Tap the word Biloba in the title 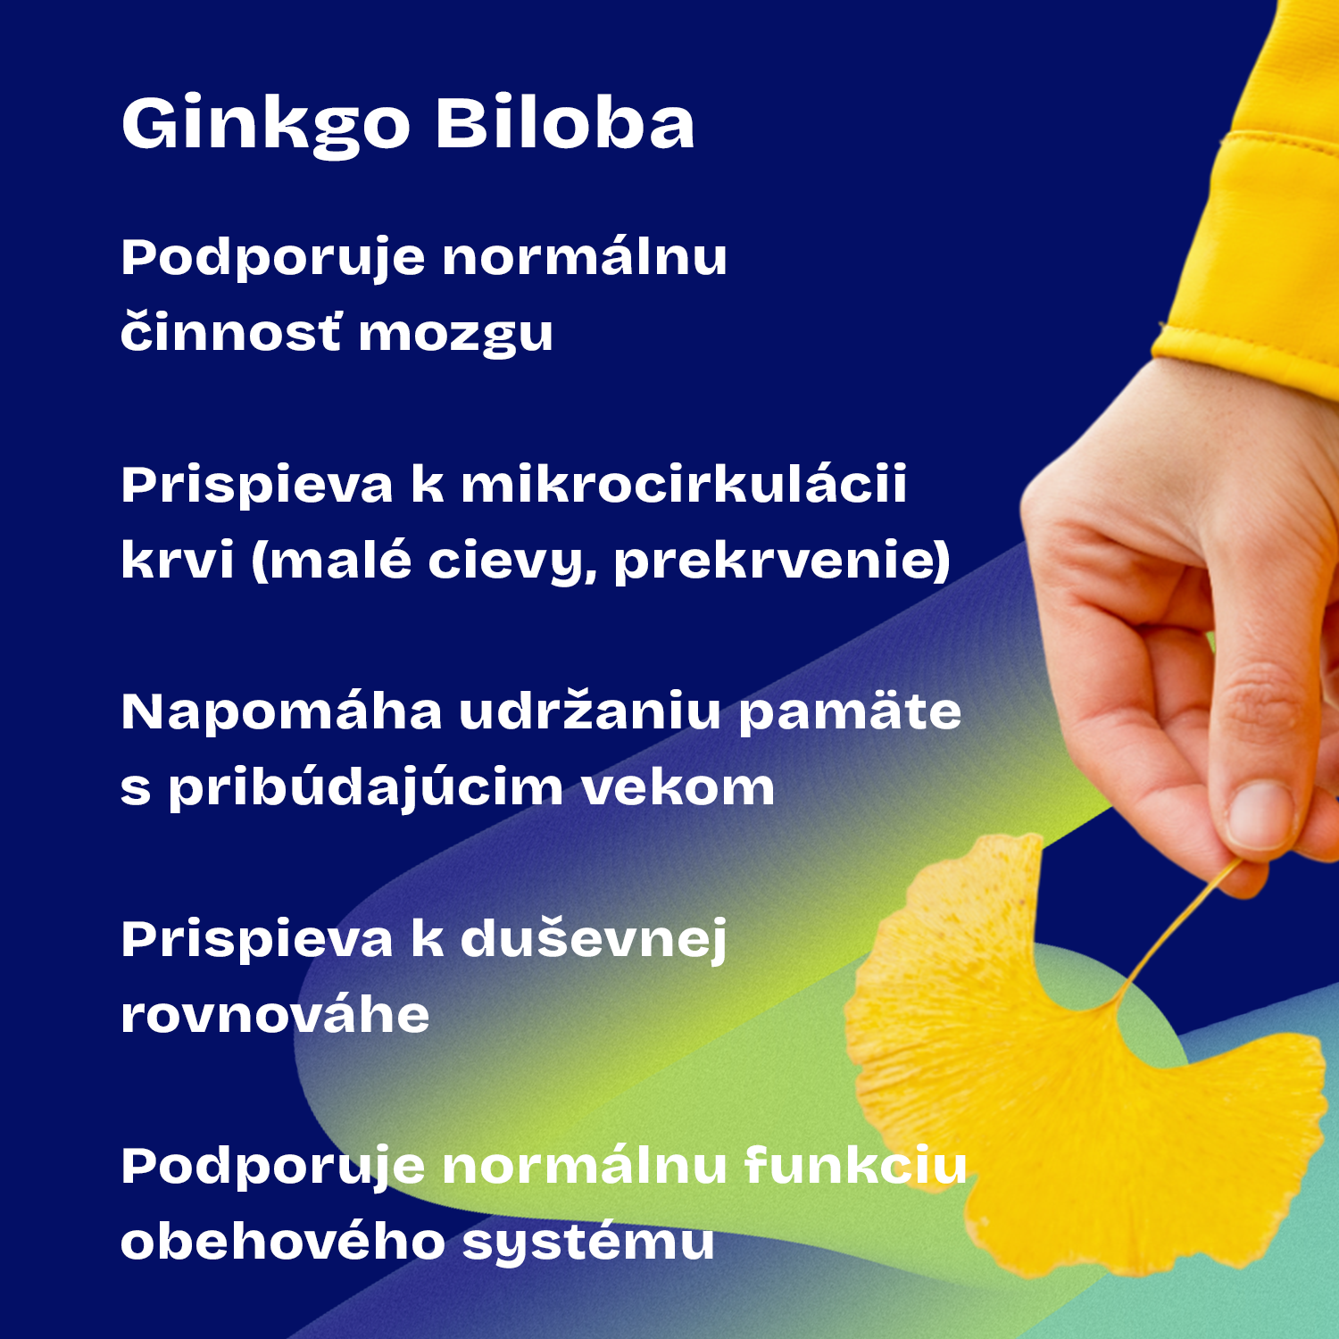[x=565, y=122]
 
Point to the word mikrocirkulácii [x=684, y=486]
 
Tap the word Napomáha [x=282, y=712]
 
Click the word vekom [x=678, y=787]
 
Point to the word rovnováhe [x=275, y=1015]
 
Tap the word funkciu [x=856, y=1167]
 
